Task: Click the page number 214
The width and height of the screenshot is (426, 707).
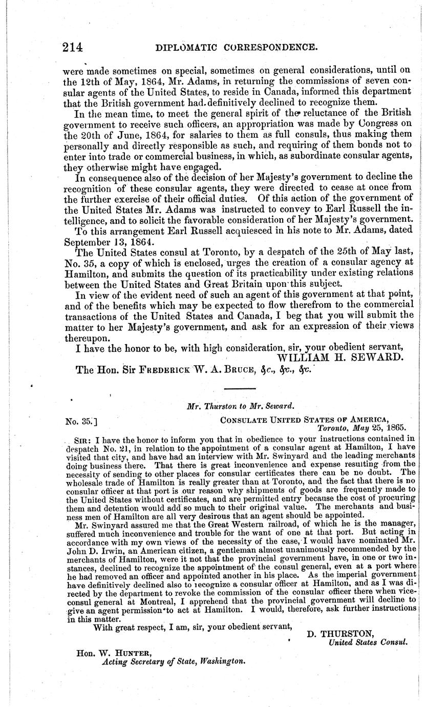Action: [x=72, y=48]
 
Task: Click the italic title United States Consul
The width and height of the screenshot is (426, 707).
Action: [x=368, y=642]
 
